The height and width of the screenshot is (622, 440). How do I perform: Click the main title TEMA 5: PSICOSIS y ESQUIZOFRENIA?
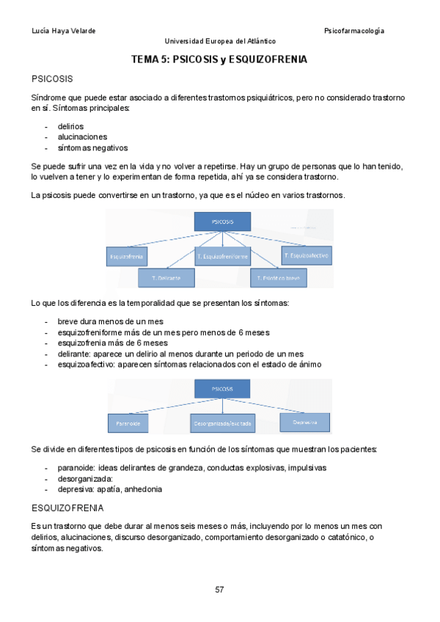(219, 59)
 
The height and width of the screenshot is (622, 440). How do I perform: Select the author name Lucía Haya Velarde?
(64, 31)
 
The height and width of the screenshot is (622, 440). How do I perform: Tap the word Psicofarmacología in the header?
(354, 31)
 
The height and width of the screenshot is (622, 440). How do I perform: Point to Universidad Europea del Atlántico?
(220, 42)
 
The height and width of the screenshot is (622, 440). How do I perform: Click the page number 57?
(219, 589)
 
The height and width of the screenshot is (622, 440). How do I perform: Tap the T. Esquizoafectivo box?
(306, 255)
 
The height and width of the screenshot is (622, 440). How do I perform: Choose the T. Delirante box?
(166, 278)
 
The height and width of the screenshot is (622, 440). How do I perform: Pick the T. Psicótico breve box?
(279, 278)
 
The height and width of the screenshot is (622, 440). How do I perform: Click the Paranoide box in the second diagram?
(129, 423)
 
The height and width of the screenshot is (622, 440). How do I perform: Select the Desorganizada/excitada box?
(223, 423)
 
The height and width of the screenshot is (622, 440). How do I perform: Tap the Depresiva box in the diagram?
(304, 422)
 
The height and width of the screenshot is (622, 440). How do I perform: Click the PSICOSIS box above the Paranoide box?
(222, 389)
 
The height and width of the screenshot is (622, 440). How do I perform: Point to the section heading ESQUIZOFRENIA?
(67, 508)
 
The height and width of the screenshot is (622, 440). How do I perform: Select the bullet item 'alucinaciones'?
(82, 136)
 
